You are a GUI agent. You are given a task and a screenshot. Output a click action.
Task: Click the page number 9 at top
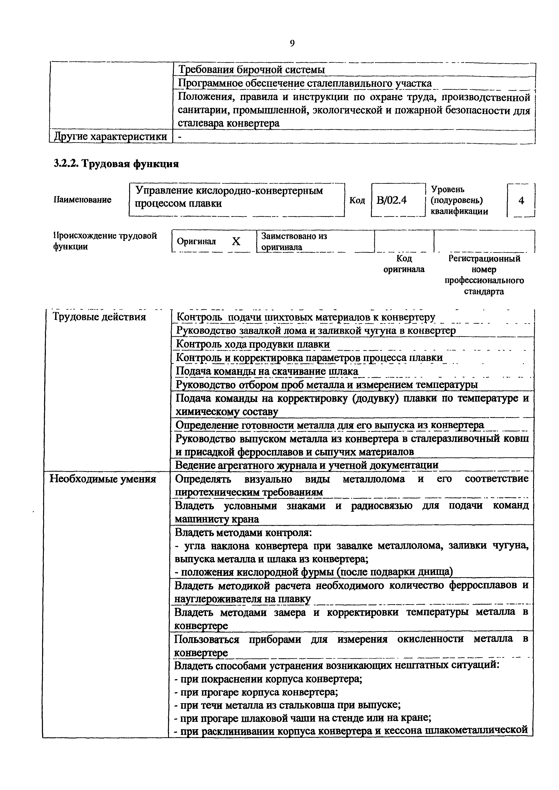pyautogui.click(x=292, y=43)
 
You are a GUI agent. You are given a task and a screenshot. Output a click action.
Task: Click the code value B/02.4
pyautogui.click(x=391, y=200)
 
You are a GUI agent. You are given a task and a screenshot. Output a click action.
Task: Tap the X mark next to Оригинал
pyautogui.click(x=236, y=242)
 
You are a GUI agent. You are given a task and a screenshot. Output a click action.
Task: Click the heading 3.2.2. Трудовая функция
pyautogui.click(x=116, y=164)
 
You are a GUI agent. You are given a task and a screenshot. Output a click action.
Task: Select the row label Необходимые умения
pyautogui.click(x=103, y=479)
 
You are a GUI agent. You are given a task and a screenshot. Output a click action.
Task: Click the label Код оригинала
pyautogui.click(x=404, y=264)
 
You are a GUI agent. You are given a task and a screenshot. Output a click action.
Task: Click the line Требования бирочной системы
pyautogui.click(x=251, y=70)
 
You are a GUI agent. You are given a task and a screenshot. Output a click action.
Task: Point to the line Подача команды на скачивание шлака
pyautogui.click(x=267, y=371)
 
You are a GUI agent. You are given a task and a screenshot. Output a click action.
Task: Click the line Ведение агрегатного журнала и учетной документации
pyautogui.click(x=307, y=465)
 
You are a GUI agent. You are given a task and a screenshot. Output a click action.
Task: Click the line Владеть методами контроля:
pyautogui.click(x=243, y=533)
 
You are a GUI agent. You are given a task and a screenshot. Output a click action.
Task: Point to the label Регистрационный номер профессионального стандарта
pyautogui.click(x=484, y=275)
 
